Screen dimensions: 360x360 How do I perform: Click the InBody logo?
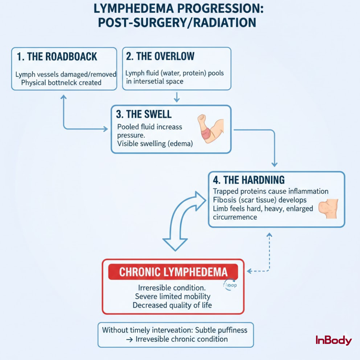(333, 340)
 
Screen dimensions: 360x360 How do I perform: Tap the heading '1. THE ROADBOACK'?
(57, 57)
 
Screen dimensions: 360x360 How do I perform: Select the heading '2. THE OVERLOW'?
(160, 56)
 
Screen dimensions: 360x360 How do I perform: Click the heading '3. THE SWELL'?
(144, 114)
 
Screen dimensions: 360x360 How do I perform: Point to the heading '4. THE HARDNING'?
(249, 180)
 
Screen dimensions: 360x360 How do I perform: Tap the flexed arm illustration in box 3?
(210, 128)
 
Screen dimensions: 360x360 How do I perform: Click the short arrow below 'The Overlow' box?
(177, 97)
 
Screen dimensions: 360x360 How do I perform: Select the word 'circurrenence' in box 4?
(235, 217)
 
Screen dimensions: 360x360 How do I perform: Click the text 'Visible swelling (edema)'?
(155, 143)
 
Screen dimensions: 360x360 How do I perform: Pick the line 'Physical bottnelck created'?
(61, 83)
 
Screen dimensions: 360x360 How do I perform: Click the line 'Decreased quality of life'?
(172, 305)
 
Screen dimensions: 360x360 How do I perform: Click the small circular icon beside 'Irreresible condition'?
(230, 285)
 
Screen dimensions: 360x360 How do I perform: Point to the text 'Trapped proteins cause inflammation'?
(271, 191)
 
